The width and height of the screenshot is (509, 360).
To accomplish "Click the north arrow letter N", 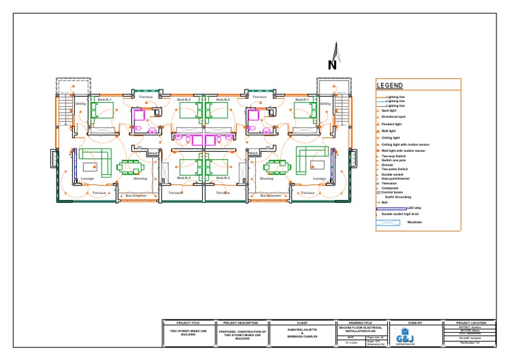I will pos(332,65).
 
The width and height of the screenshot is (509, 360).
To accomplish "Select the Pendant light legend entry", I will pos(392,124).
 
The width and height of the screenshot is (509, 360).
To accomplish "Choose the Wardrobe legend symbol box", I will pos(389,223).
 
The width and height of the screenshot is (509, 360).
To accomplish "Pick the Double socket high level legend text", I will pos(400,214).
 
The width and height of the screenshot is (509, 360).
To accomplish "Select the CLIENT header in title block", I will pos(302,323).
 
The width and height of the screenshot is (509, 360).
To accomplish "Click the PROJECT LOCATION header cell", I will pos(475,323).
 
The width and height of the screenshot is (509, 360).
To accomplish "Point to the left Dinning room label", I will pos(141,178).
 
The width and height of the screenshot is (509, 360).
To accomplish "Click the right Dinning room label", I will pos(266,178).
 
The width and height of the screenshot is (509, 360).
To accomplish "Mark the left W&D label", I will pos(153,153).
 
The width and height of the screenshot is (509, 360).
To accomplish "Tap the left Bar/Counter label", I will pos(136,196).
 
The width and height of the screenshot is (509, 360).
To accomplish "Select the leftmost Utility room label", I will pos(80,103).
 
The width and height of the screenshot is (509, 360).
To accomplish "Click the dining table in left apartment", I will pos(129,167).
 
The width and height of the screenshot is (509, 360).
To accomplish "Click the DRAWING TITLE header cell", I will pos(358,323).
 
